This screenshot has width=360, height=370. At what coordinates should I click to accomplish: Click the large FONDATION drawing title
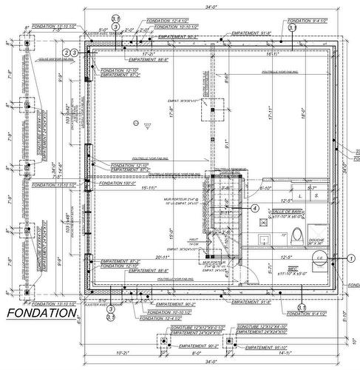pyautogui.click(x=41, y=314)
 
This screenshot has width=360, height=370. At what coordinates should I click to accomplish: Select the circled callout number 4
pyautogui.click(x=255, y=209)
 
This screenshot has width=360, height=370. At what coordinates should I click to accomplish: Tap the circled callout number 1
pyautogui.click(x=350, y=258)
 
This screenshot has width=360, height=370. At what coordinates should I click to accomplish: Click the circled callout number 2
pyautogui.click(x=74, y=53)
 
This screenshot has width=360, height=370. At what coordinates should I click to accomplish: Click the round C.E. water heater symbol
pyautogui.click(x=321, y=258)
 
